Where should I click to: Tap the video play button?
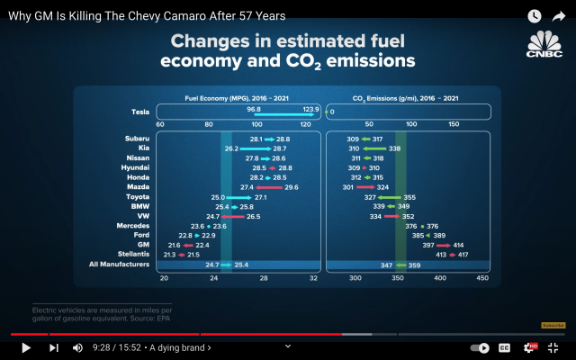[x=25, y=347]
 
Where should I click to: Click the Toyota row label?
[x=138, y=196]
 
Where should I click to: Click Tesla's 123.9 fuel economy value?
[x=310, y=109]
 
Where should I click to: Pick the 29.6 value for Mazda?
[x=291, y=187]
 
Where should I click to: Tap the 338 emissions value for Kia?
[x=394, y=148]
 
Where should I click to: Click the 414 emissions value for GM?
[x=458, y=245]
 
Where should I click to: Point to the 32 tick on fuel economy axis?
[x=313, y=279]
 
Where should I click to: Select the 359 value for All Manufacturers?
[x=414, y=265]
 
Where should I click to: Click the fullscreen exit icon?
[x=553, y=347]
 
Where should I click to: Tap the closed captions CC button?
[x=504, y=347]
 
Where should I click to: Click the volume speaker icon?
[x=77, y=347]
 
